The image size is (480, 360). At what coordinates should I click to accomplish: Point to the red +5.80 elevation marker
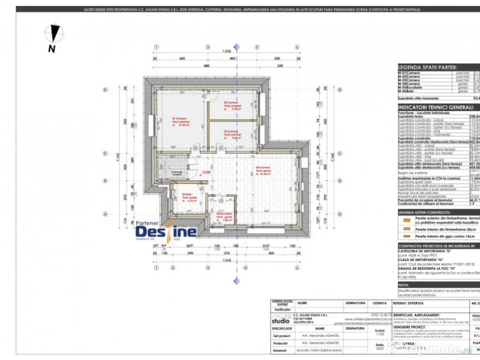click(x=206, y=172)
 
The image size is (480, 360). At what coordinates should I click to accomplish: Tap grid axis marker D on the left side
click(x=105, y=90)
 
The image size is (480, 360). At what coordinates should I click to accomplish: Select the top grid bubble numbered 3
click(x=208, y=47)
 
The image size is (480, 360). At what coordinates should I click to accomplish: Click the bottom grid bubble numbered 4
click(x=245, y=268)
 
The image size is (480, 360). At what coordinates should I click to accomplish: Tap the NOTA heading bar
click(x=404, y=284)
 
